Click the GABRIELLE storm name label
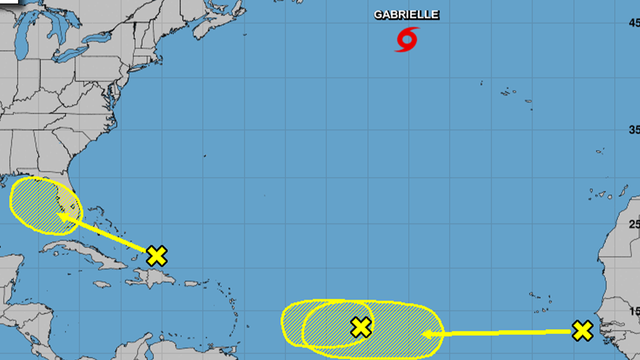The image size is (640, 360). pos(405,16)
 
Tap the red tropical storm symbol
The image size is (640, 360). pos(406,39)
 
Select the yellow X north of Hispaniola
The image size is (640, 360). pos(156,255)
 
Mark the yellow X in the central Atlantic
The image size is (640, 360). pos(361,326)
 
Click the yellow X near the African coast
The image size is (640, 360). pos(582,330)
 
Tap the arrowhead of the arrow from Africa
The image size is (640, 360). pos(430,334)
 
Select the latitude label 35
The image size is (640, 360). pos(632,130)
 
